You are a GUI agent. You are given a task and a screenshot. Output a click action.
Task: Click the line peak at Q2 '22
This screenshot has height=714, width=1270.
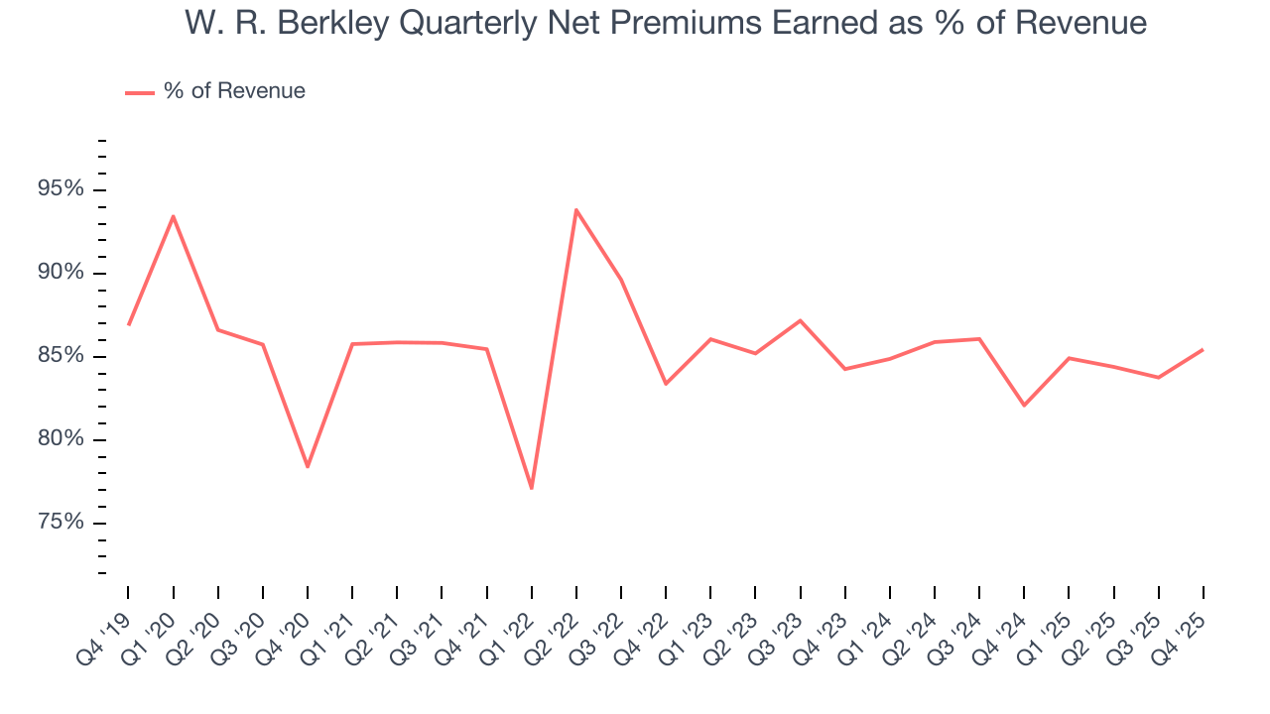point(576,209)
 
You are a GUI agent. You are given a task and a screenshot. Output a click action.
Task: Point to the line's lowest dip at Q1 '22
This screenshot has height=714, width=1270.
point(532,488)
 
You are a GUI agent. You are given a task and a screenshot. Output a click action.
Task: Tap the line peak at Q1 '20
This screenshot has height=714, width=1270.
point(174,216)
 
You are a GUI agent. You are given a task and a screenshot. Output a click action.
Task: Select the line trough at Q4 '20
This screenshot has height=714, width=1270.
point(308,466)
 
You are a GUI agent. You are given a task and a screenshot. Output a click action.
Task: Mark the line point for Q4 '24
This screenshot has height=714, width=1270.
point(1024,405)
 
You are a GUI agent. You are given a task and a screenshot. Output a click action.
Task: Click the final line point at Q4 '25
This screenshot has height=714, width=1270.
point(1203,349)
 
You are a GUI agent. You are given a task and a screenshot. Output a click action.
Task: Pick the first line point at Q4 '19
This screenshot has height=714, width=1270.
point(129,324)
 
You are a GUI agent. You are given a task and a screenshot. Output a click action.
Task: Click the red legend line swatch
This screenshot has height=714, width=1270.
point(139,92)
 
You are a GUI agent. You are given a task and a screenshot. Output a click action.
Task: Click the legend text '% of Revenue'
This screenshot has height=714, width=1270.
point(234,91)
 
